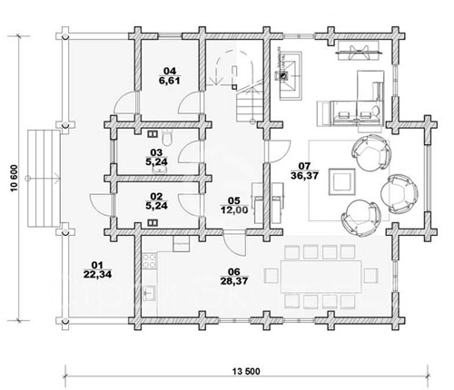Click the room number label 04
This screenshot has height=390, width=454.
tap(170, 71)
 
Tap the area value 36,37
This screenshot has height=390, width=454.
tap(304, 175)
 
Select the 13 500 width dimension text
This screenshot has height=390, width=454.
tap(246, 371)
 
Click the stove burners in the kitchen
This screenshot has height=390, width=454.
tap(150, 261)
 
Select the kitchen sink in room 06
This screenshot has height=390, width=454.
tap(149, 293)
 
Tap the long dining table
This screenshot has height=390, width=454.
tap(321, 276)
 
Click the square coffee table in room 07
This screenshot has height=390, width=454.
tap(341, 182)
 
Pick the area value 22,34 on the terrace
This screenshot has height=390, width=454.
tap(97, 275)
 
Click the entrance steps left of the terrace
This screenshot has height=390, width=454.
tap(44, 179)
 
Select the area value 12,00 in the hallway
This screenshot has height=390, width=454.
tap(234, 210)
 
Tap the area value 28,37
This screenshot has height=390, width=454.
tap(234, 280)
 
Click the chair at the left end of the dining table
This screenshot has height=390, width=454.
tap(271, 276)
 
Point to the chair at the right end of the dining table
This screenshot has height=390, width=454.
tap(371, 276)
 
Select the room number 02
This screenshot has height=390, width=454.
tap(156, 197)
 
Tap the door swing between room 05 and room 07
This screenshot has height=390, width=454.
tap(279, 151)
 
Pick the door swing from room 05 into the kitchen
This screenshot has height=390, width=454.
tap(234, 242)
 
